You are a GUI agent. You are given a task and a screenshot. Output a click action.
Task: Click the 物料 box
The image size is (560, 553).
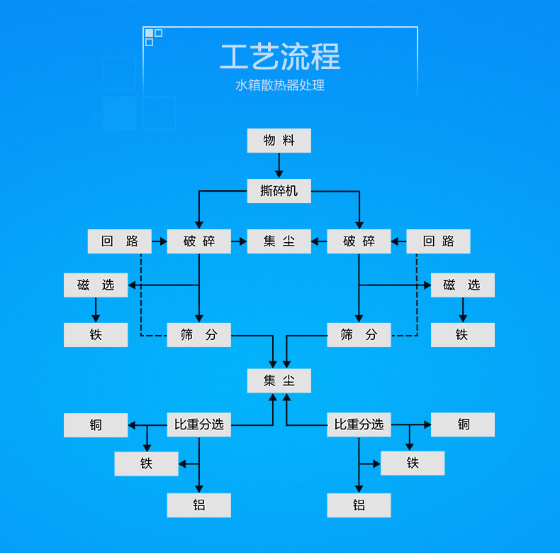pos(279,141)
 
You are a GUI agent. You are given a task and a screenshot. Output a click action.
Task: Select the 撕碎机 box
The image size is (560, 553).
pos(279,191)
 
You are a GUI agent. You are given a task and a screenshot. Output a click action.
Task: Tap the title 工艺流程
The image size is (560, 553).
pos(279,58)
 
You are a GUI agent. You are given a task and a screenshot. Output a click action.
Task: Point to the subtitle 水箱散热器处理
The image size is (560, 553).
pos(279,86)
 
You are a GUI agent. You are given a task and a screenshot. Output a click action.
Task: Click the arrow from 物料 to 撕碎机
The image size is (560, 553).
pos(279,166)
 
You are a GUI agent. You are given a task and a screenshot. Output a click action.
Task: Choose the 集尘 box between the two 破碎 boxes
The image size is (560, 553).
pos(279,241)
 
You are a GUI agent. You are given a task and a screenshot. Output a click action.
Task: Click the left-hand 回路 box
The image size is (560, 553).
pos(119,241)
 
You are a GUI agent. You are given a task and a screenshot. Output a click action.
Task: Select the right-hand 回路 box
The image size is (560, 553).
pos(438,241)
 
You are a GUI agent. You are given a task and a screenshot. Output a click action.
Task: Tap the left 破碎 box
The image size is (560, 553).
pos(198,241)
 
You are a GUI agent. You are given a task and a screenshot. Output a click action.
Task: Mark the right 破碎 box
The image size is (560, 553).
pos(359,241)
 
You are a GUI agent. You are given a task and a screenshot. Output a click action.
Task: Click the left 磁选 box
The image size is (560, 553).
pos(96,285)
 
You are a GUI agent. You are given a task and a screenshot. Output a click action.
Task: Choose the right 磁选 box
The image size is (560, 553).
pos(462,285)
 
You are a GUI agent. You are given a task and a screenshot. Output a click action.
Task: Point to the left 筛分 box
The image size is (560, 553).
pos(198,335)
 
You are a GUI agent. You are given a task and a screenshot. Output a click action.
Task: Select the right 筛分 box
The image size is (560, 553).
pos(359,335)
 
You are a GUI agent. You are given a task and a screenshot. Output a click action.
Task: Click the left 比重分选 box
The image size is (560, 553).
pos(198,425)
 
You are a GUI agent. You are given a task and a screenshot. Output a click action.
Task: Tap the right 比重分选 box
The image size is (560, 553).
pos(359,425)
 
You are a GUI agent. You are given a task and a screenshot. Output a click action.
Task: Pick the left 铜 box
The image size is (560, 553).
pos(96,425)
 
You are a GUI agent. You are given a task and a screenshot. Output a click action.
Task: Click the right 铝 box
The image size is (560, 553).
pos(359,505)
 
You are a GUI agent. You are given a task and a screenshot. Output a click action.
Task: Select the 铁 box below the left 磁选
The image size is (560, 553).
pos(96,335)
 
